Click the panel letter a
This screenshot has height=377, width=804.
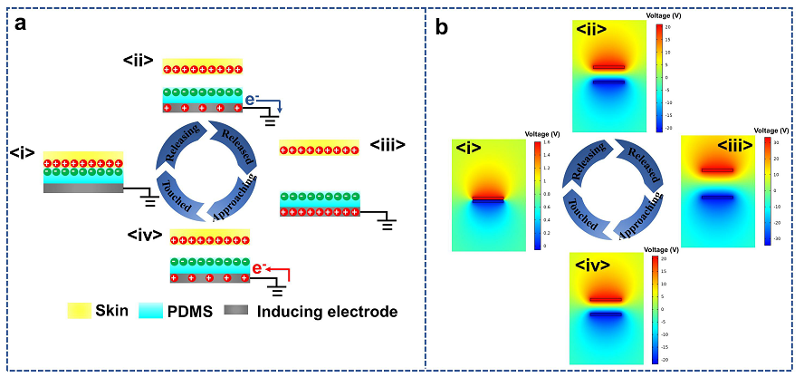[19, 26]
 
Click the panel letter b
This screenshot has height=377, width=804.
[443, 27]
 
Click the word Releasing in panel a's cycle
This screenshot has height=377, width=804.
[182, 147]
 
